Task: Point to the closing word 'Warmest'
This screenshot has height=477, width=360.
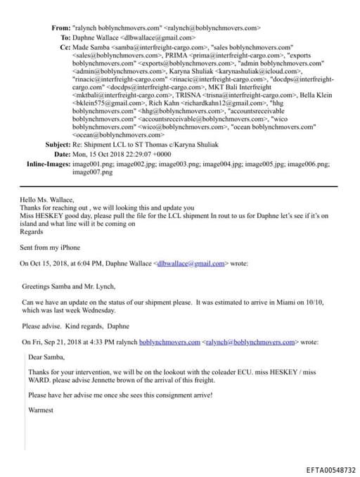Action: pyautogui.click(x=41, y=409)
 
